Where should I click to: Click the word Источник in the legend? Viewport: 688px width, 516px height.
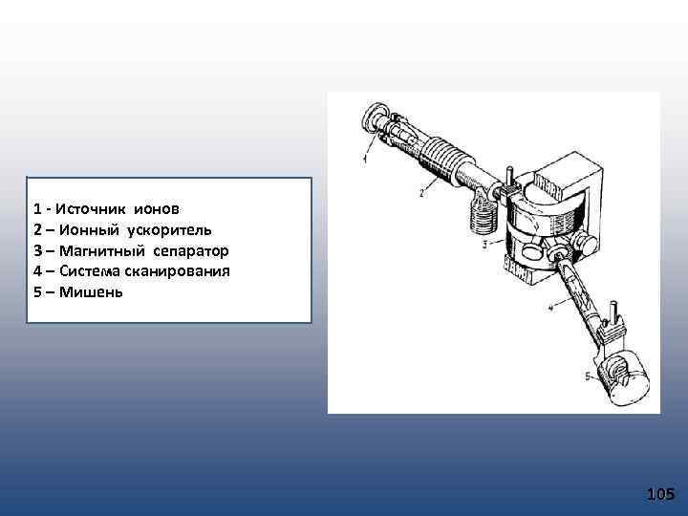click(x=98, y=208)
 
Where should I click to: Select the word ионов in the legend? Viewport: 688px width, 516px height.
click(x=157, y=208)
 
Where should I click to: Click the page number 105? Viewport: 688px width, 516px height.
click(x=660, y=494)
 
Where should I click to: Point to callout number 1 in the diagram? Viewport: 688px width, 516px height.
click(x=364, y=160)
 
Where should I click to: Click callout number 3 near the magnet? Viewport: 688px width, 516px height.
click(x=485, y=245)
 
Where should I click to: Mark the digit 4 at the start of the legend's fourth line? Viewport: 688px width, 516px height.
click(x=36, y=271)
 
